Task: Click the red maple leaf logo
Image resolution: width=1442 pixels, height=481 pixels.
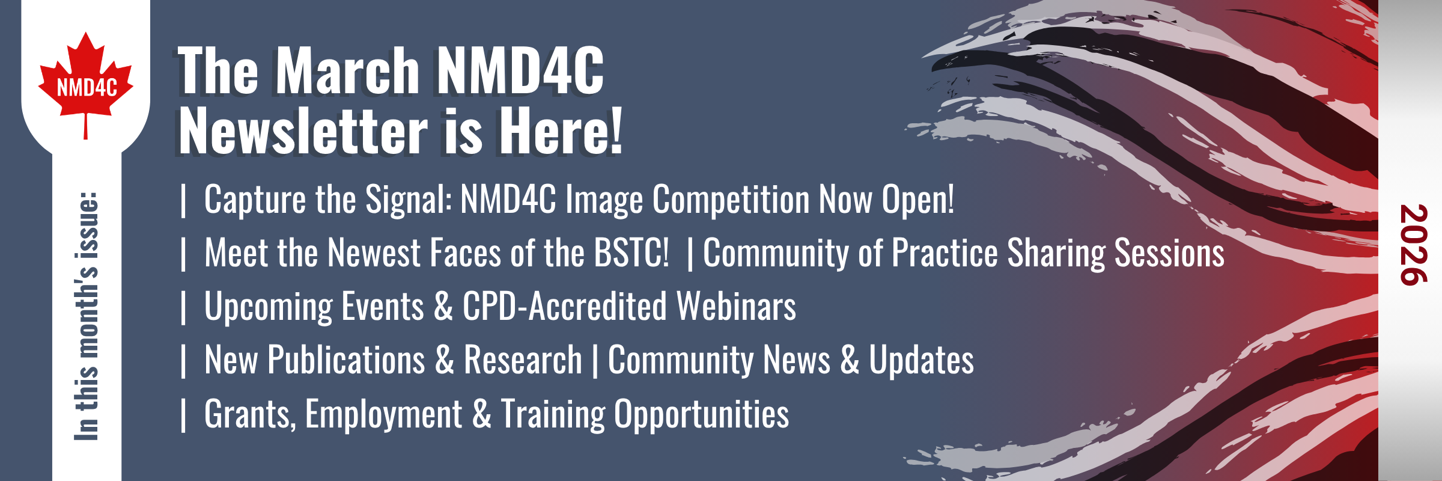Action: click(86, 84)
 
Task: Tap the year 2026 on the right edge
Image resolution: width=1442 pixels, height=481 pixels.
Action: click(1413, 245)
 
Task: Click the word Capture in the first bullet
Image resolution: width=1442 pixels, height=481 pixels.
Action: click(255, 200)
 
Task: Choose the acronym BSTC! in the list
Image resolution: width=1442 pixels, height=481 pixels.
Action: click(631, 253)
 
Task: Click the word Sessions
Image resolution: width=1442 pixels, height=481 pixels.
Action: click(1169, 253)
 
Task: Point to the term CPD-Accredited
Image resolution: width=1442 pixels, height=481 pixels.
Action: click(564, 306)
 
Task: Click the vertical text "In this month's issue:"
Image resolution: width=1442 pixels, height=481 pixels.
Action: click(87, 316)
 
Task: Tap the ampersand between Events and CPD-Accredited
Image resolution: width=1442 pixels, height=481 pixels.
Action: click(443, 306)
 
